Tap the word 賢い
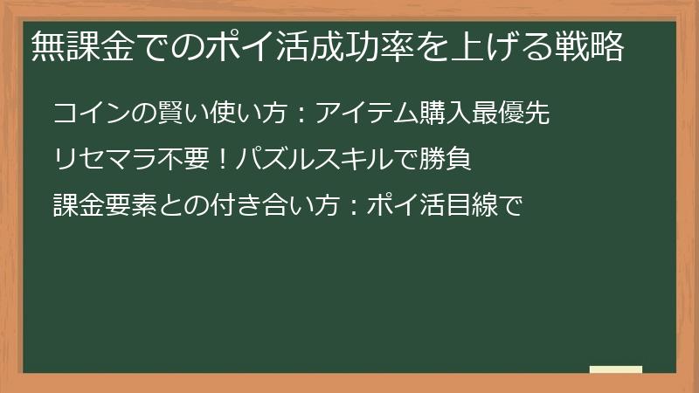[x=164, y=114]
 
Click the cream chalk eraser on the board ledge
[x=615, y=369]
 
